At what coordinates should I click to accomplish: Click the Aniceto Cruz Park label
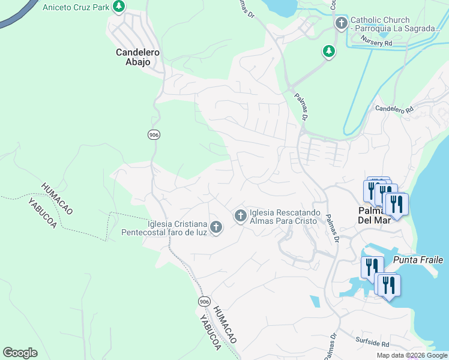[x=76, y=7]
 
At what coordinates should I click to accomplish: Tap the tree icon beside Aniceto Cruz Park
[x=119, y=7]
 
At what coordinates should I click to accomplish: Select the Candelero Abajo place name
[x=137, y=56]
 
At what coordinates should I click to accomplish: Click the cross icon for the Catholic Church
[x=341, y=24]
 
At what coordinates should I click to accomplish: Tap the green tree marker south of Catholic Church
[x=328, y=52]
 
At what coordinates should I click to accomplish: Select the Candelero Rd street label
[x=394, y=109]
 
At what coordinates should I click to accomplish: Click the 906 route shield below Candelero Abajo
[x=154, y=134]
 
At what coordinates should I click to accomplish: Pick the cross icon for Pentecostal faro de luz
[x=216, y=227]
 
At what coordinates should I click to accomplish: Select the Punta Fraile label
[x=418, y=260]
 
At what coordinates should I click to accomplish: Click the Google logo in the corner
[x=20, y=353]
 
